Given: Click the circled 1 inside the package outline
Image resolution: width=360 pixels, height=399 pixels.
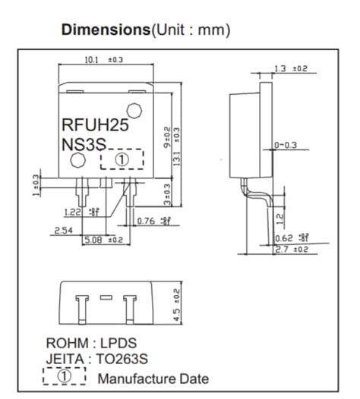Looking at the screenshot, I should point(122,159).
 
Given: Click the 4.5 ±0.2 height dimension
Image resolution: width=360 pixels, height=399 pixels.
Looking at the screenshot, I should point(178,303).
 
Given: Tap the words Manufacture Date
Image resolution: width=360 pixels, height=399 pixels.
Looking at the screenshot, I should point(152,377).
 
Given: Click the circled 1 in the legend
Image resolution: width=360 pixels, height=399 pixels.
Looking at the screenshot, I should point(65,376).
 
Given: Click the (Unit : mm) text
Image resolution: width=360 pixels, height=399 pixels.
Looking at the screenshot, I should point(189,31).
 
